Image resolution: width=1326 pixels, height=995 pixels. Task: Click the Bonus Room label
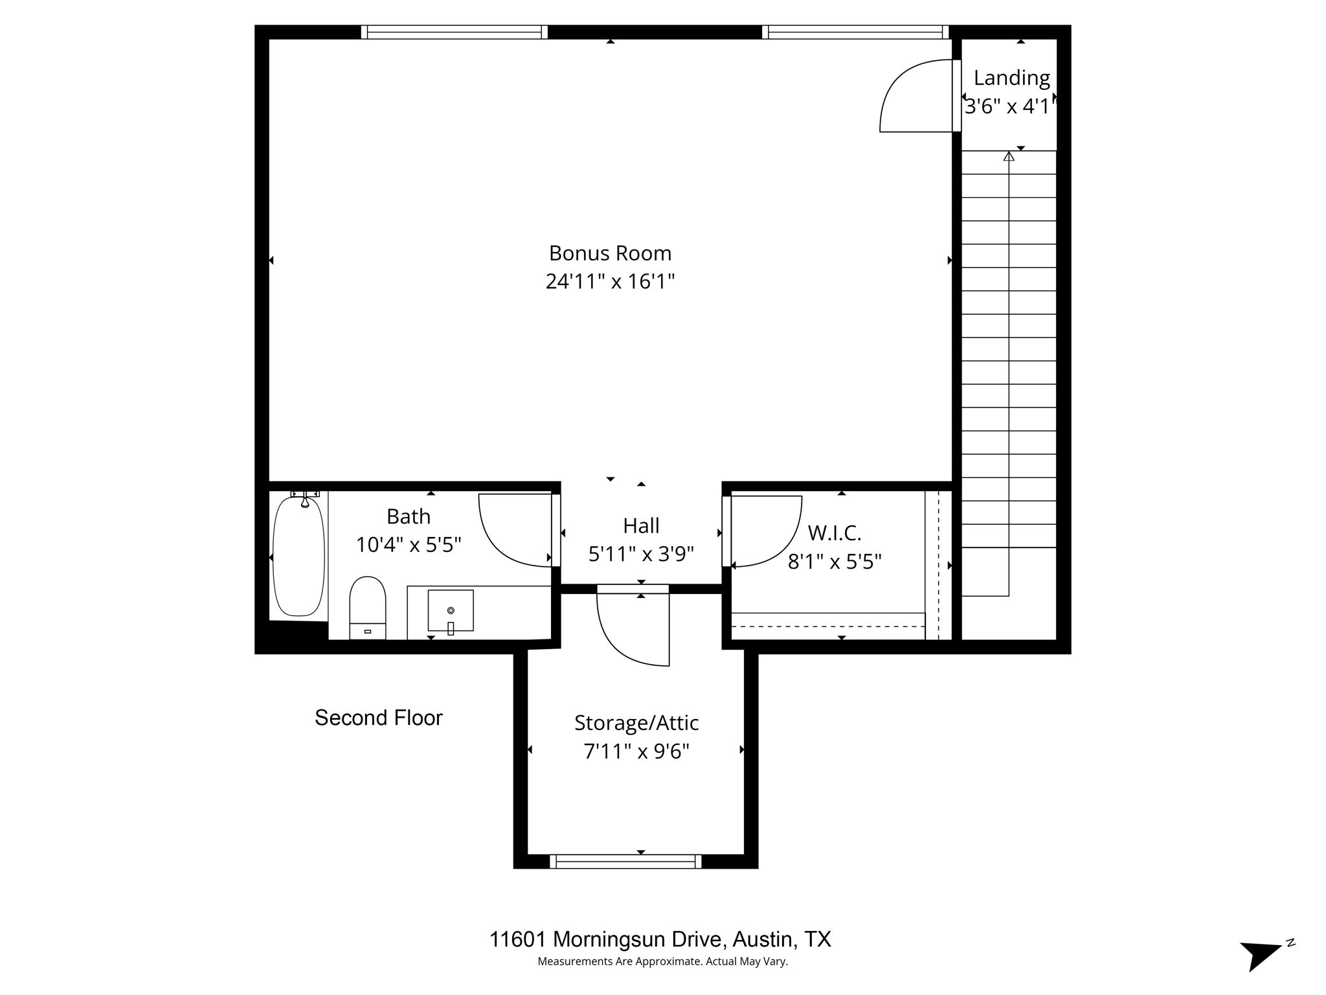pos(610,253)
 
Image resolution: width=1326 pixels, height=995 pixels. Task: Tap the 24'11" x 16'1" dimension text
pos(610,282)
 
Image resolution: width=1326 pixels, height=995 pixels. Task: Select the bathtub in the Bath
pos(298,556)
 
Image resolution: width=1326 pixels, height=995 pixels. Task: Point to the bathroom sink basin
pos(451,610)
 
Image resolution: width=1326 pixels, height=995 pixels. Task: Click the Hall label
pos(641,525)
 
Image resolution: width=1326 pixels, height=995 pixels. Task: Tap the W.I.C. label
pos(834,533)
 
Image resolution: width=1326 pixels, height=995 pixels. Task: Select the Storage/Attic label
pos(636,722)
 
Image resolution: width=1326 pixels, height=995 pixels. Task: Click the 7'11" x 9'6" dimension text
pos(636,751)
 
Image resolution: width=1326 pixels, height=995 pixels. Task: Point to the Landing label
pos(1011,78)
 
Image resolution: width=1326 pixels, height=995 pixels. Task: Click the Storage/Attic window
pos(625,861)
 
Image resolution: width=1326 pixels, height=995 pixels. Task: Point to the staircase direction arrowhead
pos(1009,156)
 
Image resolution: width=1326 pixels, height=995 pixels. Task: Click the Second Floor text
pos(378,718)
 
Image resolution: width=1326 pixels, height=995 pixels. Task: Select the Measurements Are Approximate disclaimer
pos(662,961)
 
